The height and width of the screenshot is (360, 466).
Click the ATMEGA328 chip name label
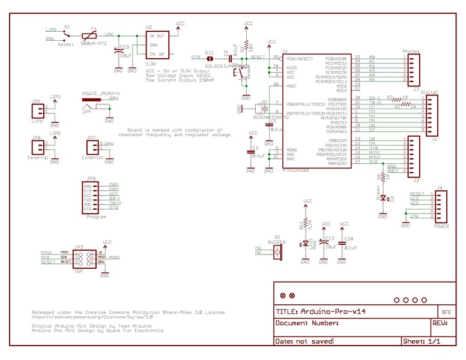295,170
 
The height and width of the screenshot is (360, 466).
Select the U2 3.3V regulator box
157,45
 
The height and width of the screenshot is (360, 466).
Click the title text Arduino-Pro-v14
324,312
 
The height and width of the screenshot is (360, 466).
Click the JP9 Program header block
91,197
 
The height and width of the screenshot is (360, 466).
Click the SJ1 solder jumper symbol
210,58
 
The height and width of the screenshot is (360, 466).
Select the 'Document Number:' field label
306,323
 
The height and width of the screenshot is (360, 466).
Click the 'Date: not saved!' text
304,341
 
